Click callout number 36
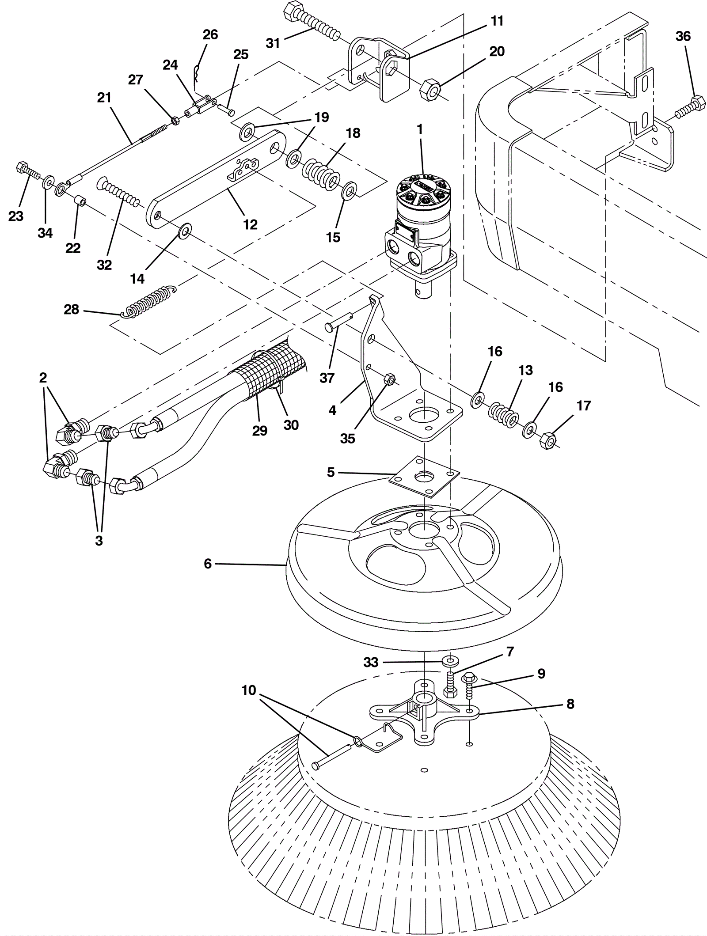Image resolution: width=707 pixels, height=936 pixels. click(x=683, y=36)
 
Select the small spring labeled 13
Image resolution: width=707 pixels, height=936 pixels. click(x=502, y=415)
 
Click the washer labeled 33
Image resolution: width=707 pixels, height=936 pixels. click(x=450, y=661)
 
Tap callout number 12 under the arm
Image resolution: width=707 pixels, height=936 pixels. click(x=250, y=224)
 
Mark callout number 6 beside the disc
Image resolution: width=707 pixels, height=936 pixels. click(x=208, y=564)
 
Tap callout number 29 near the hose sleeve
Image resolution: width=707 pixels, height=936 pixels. click(x=260, y=431)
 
